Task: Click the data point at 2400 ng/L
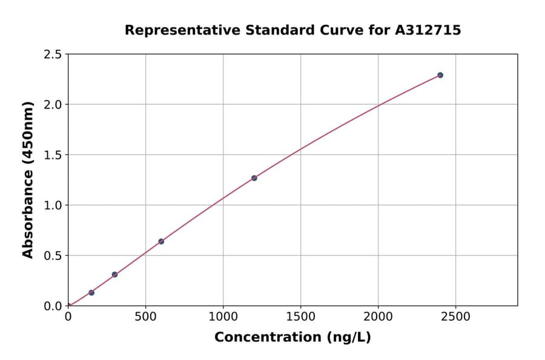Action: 440,75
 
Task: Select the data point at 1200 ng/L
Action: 254,178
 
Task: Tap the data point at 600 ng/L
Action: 161,241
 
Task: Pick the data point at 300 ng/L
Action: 114,275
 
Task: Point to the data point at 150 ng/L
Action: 91,293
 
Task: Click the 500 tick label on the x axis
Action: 145,317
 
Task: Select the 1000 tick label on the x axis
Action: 223,317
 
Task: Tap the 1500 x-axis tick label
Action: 300,317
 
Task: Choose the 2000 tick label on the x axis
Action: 378,317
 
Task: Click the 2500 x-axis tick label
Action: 456,317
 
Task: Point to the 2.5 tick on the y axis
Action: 53,55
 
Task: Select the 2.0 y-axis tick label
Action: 53,105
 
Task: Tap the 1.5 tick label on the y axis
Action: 53,155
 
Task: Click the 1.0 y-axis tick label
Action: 53,205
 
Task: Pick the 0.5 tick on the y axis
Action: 53,256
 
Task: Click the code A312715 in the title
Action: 428,30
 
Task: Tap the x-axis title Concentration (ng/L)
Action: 292,338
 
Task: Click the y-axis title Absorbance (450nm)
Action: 28,179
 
